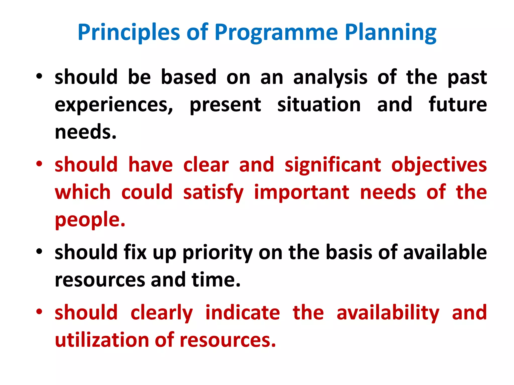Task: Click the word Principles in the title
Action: click(129, 33)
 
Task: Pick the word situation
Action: click(319, 105)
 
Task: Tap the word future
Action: click(458, 105)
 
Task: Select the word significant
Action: click(333, 165)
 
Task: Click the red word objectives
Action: click(439, 165)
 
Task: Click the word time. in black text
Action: click(216, 279)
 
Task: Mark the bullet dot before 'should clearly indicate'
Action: click(39, 312)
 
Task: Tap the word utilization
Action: click(102, 340)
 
